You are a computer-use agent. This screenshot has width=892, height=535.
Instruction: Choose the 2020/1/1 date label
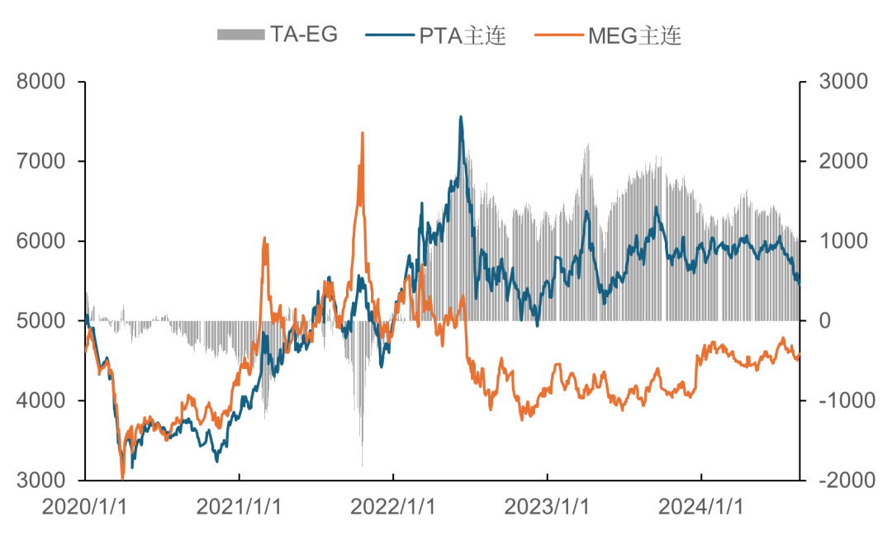coord(85,506)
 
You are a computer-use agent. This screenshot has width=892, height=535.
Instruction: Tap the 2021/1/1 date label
coord(240,506)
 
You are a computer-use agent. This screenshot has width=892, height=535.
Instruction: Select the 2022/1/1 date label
coord(394,506)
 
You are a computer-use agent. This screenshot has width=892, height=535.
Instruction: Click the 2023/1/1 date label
coord(548,506)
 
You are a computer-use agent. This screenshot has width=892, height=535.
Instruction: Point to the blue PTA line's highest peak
coord(461,116)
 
